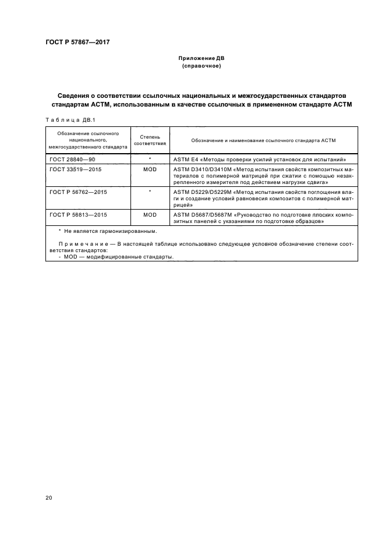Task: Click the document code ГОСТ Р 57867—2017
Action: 77,42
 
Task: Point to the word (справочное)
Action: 201,66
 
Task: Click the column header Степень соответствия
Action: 150,140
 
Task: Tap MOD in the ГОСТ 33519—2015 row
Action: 150,169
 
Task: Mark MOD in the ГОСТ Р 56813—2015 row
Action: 150,215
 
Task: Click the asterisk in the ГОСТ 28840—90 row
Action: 150,158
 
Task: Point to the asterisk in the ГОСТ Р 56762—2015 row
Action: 150,191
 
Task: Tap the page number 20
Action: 48,498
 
